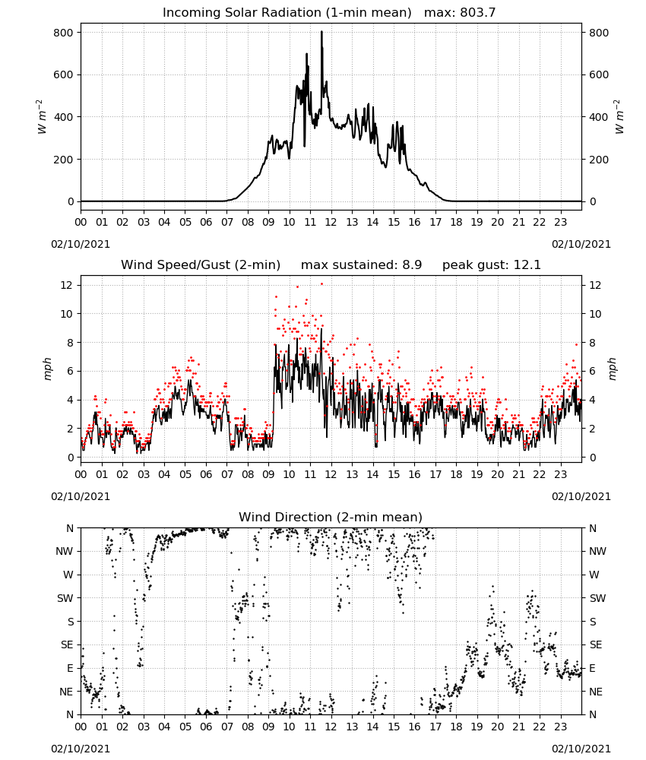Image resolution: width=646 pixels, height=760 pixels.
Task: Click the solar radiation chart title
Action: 287,12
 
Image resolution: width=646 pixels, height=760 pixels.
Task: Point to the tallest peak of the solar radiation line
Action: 321,32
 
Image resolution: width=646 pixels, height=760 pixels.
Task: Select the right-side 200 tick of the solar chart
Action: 599,160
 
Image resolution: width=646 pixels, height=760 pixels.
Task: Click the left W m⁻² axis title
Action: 42,117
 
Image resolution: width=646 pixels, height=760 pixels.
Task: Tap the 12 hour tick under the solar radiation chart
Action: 331,222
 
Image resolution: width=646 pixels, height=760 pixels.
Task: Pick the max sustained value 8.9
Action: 412,264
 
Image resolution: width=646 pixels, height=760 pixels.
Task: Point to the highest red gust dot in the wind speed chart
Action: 321,284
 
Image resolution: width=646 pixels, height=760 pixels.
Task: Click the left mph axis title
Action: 47,369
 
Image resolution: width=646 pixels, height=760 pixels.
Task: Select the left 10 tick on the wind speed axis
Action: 67,314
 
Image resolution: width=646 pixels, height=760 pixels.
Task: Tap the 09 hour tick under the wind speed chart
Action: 268,474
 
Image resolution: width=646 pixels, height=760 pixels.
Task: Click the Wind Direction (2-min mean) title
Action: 331,517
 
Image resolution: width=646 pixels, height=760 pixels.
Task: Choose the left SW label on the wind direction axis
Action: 65,598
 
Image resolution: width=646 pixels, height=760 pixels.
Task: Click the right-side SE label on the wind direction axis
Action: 596,644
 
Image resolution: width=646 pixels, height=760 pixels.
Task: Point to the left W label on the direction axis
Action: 68,575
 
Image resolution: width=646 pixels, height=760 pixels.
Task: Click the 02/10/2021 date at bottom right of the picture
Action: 581,749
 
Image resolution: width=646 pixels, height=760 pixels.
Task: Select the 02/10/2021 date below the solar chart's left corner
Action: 81,244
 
